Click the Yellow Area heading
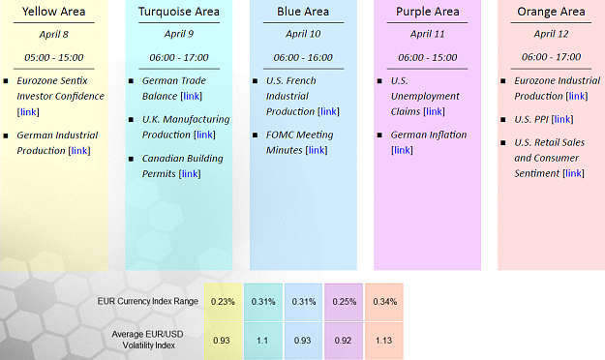click(53, 12)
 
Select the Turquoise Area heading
click(179, 12)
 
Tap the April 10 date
click(303, 34)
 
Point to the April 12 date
click(551, 34)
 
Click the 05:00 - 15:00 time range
click(53, 57)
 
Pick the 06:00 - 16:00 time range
click(303, 57)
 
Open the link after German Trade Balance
click(192, 96)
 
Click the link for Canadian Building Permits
click(190, 173)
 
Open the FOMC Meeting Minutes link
click(317, 150)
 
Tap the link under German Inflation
click(402, 150)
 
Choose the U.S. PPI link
click(562, 119)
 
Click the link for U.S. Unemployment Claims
click(434, 111)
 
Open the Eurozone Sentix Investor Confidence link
click(28, 112)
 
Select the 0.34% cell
click(384, 302)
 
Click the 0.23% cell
click(223, 302)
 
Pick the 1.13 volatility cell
click(384, 341)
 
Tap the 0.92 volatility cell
click(344, 341)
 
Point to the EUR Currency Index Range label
click(148, 301)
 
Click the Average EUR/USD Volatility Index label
click(148, 340)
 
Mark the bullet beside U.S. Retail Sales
click(503, 143)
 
